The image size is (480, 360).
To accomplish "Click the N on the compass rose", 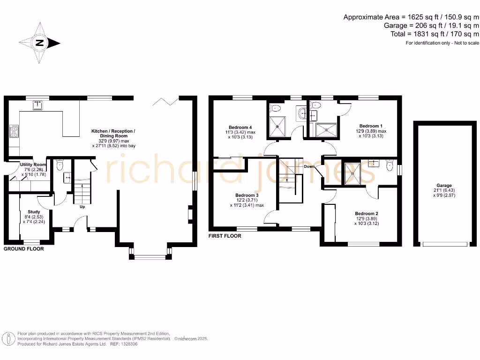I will [40, 44].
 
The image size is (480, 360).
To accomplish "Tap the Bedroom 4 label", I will [240, 127].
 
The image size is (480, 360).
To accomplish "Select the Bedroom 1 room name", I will [371, 126].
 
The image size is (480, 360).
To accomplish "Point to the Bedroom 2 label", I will [367, 213].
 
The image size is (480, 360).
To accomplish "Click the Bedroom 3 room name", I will [247, 195].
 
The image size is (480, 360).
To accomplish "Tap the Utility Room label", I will [33, 165].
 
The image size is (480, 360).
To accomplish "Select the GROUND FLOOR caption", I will [24, 249].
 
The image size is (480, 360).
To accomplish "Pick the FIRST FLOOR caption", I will [225, 236].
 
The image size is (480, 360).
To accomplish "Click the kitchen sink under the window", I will [38, 105].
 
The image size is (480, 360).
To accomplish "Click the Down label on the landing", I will [309, 166].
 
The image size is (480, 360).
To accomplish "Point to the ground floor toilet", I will [59, 165].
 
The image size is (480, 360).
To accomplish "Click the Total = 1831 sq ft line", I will [435, 34].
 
